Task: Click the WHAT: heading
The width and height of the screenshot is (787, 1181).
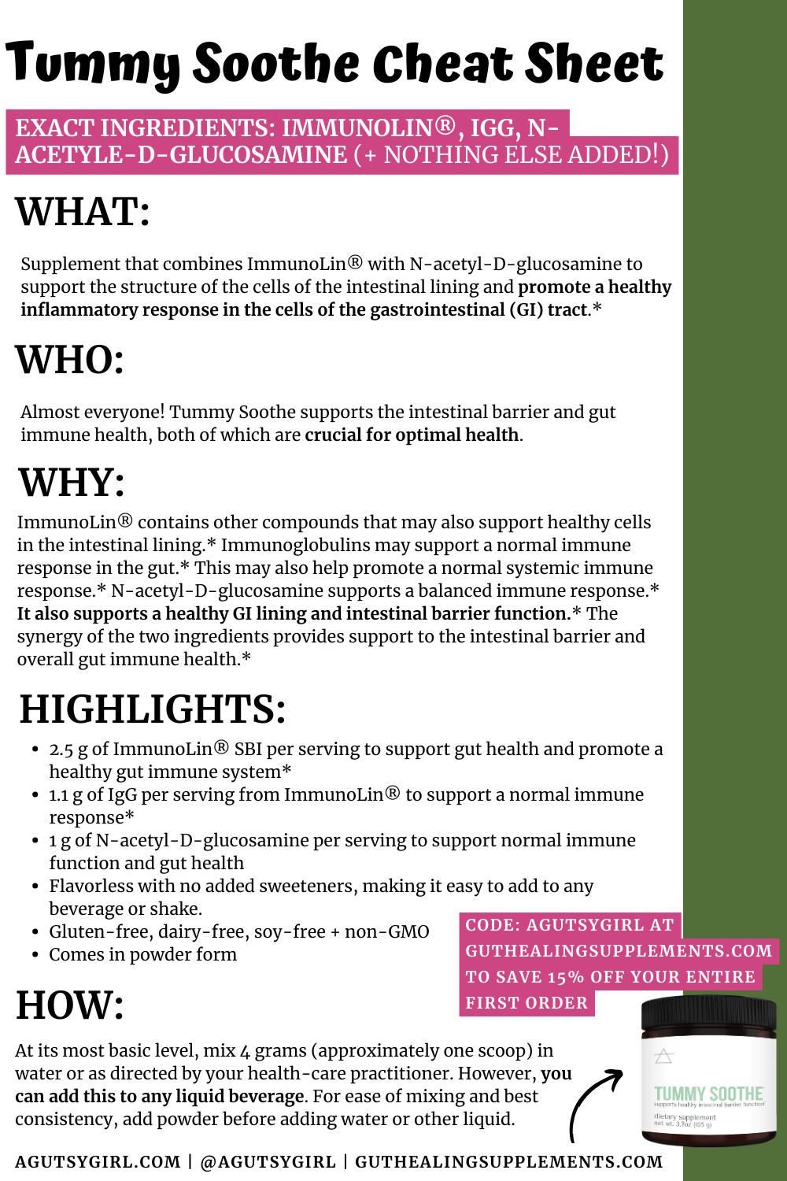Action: pos(83,212)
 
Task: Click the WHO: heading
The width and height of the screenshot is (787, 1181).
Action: pos(70,360)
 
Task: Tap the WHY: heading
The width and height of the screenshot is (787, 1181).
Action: pos(72,483)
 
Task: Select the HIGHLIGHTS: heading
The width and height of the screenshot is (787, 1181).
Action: pos(153,709)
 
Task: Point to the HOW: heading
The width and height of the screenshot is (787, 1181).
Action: pos(70,1005)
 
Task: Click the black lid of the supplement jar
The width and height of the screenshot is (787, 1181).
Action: pos(708,1015)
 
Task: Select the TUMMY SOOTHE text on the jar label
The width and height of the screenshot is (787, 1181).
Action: pos(708,1094)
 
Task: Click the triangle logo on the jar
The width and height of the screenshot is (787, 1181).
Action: pos(664,1056)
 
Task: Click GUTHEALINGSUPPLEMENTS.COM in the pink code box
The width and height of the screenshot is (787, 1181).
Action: pos(619,951)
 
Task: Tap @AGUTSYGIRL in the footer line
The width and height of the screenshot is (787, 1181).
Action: pos(268,1162)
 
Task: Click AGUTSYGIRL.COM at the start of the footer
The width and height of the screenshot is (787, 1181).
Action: pos(98,1162)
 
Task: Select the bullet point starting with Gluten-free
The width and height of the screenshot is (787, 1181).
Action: pos(238,932)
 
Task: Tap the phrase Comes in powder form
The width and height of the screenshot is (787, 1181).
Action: pos(142,955)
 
